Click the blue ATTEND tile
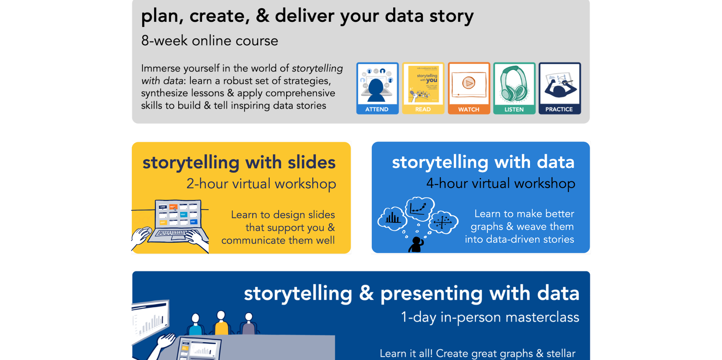tap(377, 88)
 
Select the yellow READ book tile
tap(423, 88)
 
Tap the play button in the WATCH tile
tap(468, 83)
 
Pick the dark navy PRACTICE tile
tap(560, 88)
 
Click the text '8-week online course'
tap(210, 41)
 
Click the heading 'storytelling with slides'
tap(239, 162)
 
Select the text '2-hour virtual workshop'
tap(261, 184)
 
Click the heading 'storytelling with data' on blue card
tap(483, 162)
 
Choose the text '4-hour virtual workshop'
tap(500, 184)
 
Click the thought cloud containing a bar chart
tap(392, 219)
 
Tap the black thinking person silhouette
tap(416, 245)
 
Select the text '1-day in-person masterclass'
tap(490, 317)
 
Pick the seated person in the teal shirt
tap(195, 325)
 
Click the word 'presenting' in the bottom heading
tap(431, 294)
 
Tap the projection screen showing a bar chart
tap(151, 320)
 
